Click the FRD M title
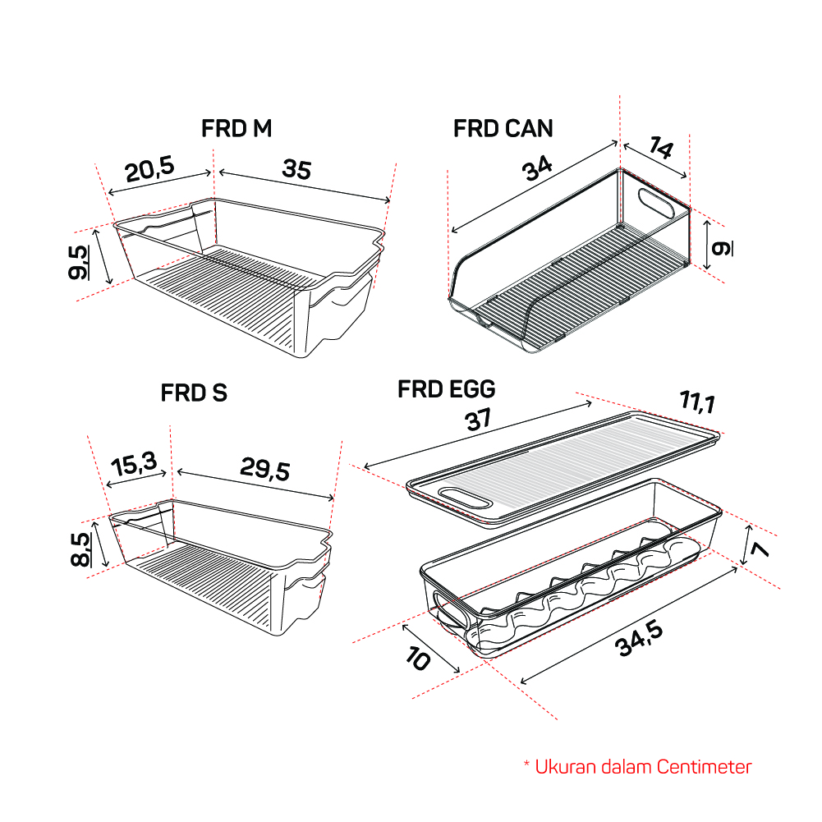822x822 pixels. pyautogui.click(x=236, y=128)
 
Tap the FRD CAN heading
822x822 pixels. pyautogui.click(x=503, y=128)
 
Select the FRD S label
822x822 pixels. pyautogui.click(x=194, y=393)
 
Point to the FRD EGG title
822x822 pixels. pyautogui.click(x=447, y=389)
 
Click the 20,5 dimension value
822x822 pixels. pyautogui.click(x=149, y=169)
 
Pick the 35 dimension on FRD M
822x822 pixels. pyautogui.click(x=296, y=169)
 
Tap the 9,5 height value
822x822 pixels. pyautogui.click(x=79, y=262)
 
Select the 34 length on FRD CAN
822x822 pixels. pyautogui.click(x=537, y=168)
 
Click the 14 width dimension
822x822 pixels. pyautogui.click(x=660, y=147)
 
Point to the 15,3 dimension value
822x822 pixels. pyautogui.click(x=134, y=464)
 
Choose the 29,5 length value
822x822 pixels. pyautogui.click(x=264, y=469)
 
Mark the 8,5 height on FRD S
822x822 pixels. pyautogui.click(x=80, y=549)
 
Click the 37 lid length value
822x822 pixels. pyautogui.click(x=478, y=420)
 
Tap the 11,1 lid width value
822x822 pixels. pyautogui.click(x=698, y=402)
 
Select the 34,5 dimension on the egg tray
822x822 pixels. pyautogui.click(x=640, y=639)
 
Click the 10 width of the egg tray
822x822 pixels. pyautogui.click(x=418, y=659)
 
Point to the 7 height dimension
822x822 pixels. pyautogui.click(x=760, y=549)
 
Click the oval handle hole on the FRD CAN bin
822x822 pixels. pyautogui.click(x=656, y=202)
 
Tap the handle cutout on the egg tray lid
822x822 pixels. pyautogui.click(x=465, y=498)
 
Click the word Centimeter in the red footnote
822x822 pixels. pyautogui.click(x=704, y=767)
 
